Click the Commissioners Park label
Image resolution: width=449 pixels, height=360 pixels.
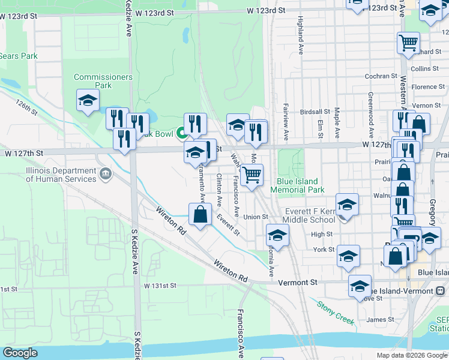(95, 81)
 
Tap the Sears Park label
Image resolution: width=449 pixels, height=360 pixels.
(18, 56)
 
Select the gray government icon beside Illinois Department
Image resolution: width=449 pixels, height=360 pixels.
(106, 174)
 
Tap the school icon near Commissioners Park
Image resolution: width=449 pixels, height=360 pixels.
(88, 100)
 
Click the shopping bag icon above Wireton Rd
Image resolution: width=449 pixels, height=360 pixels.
(200, 214)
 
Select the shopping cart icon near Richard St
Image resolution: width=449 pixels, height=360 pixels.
(408, 43)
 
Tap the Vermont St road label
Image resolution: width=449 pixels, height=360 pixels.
(313, 282)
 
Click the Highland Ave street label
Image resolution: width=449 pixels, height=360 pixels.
(299, 37)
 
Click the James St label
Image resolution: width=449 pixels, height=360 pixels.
(381, 320)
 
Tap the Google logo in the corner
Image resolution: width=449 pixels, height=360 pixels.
(20, 353)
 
